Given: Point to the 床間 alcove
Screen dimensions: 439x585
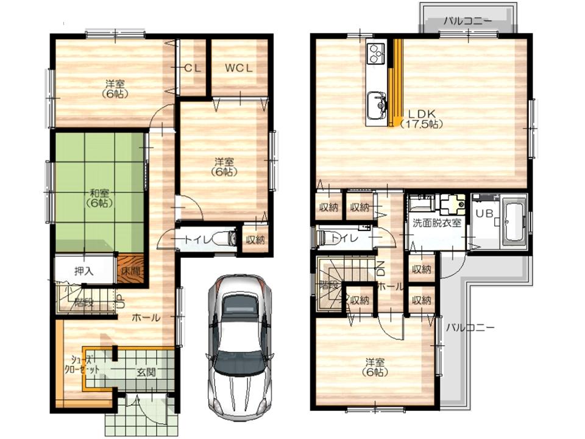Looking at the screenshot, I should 130,269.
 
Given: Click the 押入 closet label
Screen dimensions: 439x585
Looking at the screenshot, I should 84,270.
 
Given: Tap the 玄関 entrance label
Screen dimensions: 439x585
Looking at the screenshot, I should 144,372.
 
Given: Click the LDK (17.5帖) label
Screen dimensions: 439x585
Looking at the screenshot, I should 421,118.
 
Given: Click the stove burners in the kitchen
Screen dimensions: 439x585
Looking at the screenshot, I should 374,54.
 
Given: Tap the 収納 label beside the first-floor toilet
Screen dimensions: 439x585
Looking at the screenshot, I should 255,240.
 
